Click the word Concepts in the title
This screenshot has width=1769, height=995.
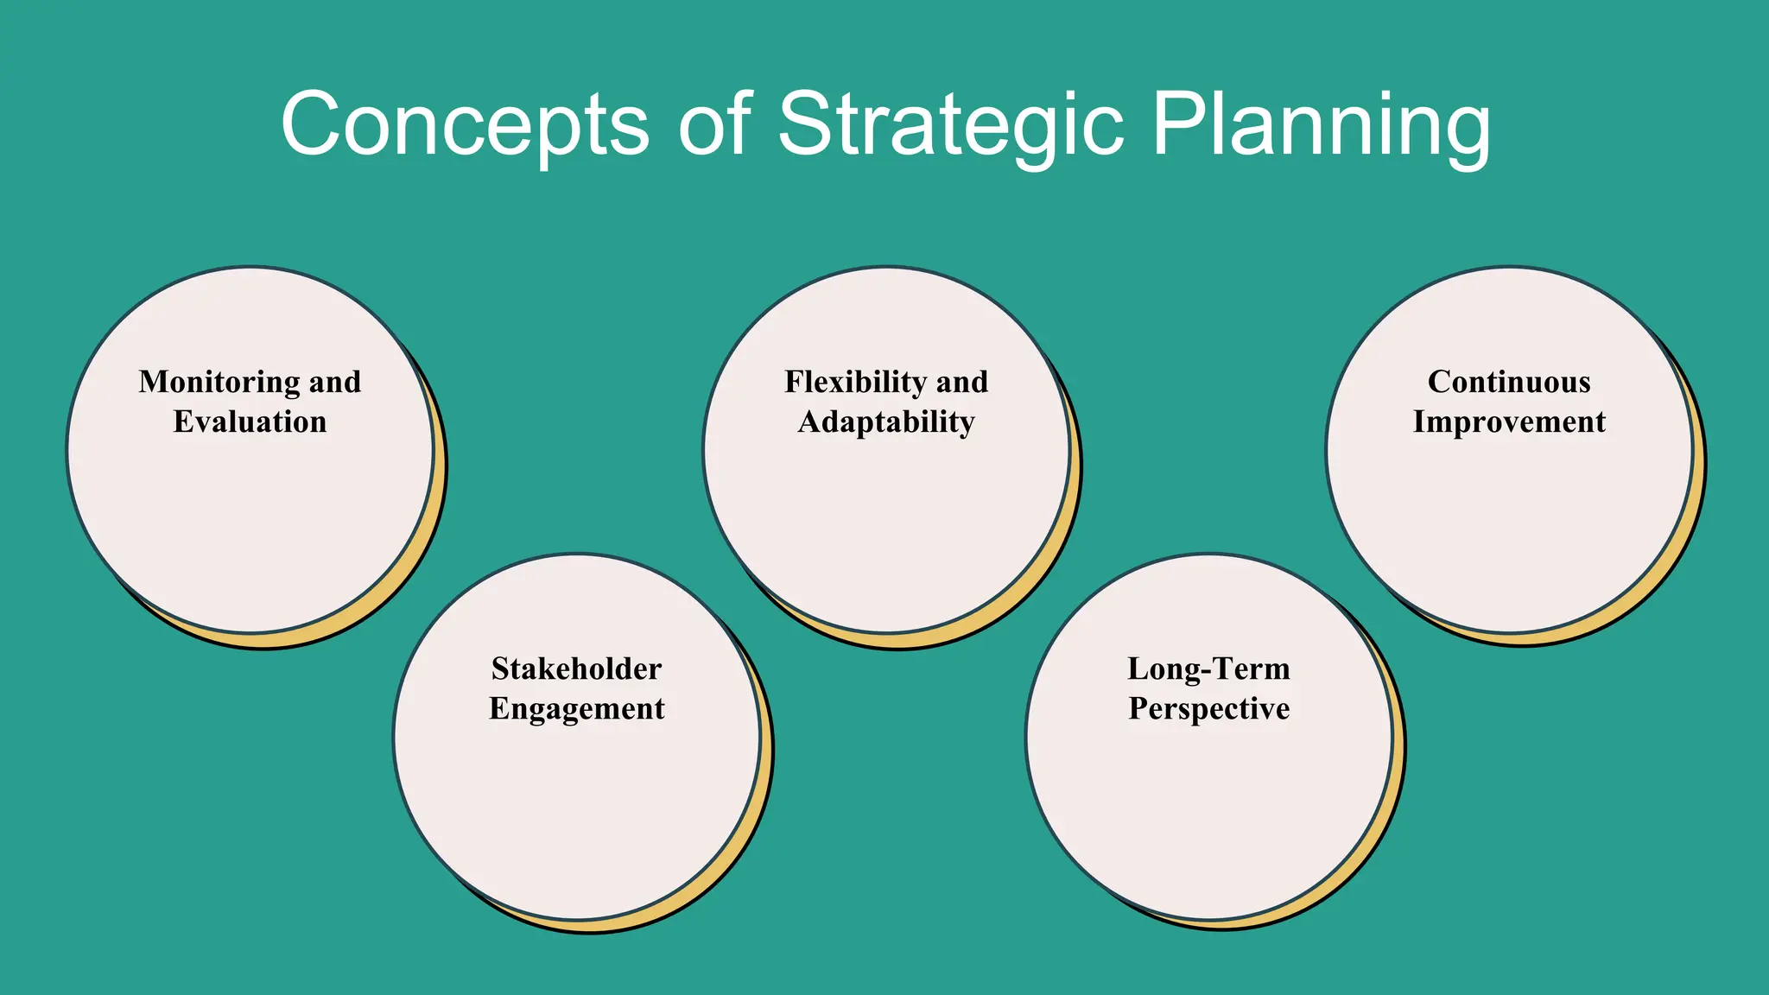tap(465, 125)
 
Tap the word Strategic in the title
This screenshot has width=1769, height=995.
tap(951, 125)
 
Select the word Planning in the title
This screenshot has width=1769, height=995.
tap(1321, 125)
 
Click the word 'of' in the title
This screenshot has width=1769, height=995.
tap(713, 125)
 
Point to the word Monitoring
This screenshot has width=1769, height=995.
tap(219, 382)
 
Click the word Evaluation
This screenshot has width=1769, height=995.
tap(250, 421)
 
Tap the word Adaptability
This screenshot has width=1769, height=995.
tap(886, 421)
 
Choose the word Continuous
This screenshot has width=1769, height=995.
tap(1509, 382)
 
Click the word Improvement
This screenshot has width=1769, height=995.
tap(1509, 421)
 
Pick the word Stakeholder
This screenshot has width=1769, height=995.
tap(576, 669)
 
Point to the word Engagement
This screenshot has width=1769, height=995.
tap(576, 708)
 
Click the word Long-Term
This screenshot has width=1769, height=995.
tap(1208, 669)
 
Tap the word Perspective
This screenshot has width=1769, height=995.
tap(1208, 708)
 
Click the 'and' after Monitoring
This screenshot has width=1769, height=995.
tap(335, 382)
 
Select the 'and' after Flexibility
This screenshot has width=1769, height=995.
tap(961, 382)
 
